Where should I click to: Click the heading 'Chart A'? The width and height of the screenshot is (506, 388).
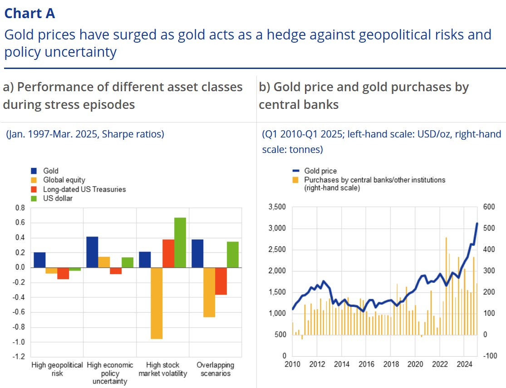[x=29, y=13]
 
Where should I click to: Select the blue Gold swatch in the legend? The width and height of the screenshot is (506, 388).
[x=34, y=171]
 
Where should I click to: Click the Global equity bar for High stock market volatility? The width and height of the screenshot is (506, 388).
[x=157, y=303]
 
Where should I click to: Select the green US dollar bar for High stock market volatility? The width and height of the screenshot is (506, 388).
[x=180, y=242]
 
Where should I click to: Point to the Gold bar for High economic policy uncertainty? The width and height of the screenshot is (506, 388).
[x=92, y=252]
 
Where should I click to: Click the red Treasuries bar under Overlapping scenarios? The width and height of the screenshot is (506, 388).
[x=221, y=281]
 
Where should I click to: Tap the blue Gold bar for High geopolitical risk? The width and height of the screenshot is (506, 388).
[x=39, y=260]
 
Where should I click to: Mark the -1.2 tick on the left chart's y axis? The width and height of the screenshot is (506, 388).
[x=19, y=357]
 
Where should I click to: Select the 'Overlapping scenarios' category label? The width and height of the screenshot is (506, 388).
[x=215, y=369]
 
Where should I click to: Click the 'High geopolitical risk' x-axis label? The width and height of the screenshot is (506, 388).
[x=57, y=369]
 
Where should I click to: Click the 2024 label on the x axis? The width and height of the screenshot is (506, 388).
[x=464, y=364]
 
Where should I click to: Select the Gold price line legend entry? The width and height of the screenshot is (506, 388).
[x=320, y=171]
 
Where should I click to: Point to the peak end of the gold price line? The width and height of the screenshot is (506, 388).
[x=477, y=223]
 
